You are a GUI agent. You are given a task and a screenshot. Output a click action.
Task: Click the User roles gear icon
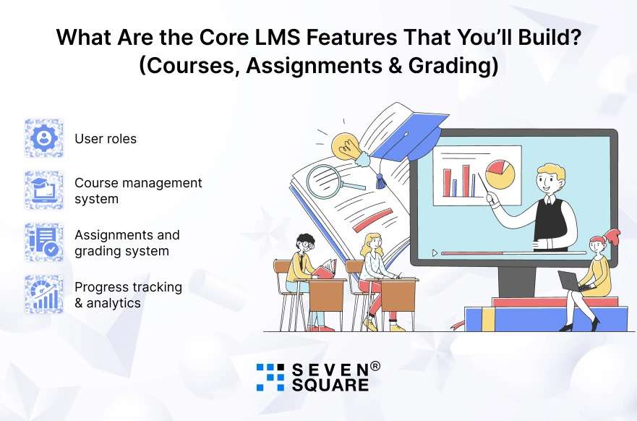(44, 138)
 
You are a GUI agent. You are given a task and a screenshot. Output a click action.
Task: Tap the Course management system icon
(44, 190)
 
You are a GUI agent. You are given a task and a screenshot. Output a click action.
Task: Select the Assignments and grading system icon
(44, 242)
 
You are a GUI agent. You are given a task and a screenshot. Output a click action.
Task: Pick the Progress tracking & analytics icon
(44, 294)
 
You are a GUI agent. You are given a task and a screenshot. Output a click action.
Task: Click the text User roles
(106, 138)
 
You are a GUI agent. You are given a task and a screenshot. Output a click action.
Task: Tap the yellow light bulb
(346, 146)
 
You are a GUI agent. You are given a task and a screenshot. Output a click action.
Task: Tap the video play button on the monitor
(435, 253)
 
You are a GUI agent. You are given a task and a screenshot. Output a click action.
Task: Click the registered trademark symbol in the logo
(375, 366)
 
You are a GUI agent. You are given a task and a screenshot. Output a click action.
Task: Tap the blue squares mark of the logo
(270, 377)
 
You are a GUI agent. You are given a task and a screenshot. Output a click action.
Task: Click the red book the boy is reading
(325, 269)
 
